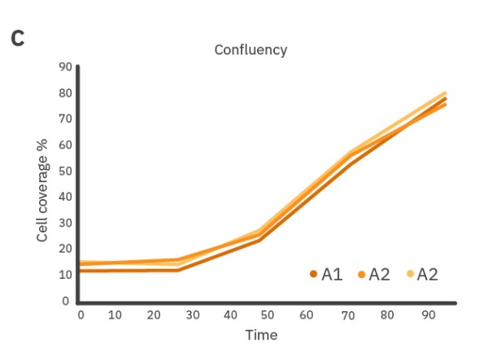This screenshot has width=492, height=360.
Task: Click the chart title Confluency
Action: coord(250,50)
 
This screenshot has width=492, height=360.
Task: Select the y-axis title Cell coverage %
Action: coord(43,190)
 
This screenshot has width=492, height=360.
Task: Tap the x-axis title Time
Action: coord(261,335)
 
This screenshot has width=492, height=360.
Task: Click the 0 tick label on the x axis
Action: coord(81,314)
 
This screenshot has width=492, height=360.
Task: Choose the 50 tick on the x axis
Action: coord(269,314)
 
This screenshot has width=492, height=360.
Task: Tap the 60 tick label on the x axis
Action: coord(307,314)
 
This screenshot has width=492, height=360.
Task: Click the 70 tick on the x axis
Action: coord(345,314)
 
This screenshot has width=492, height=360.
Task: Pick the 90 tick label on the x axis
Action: coord(420,314)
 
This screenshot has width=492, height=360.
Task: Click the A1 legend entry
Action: coord(325,275)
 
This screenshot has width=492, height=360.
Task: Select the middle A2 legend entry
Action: coord(373,275)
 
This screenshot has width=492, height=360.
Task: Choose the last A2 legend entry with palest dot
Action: coord(421,275)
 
